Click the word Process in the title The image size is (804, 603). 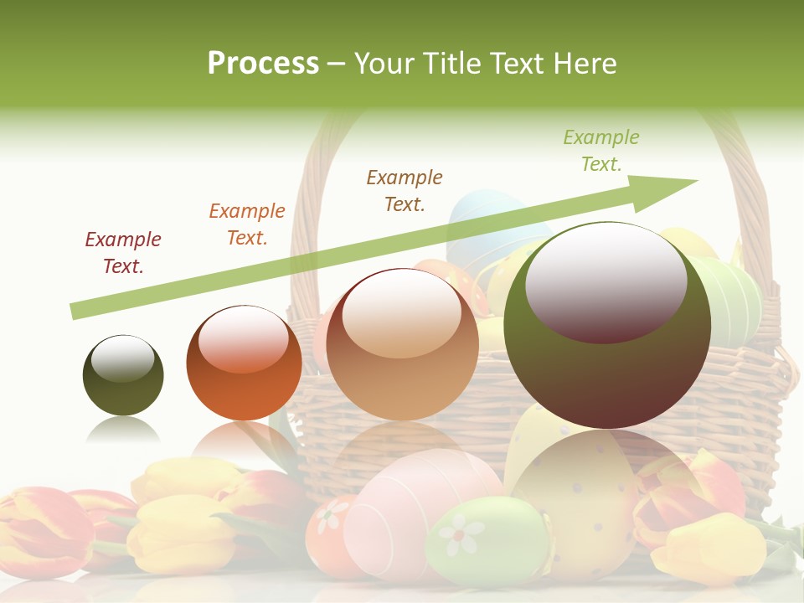tap(263, 64)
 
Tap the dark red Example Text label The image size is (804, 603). tap(123, 253)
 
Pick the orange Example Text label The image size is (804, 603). tap(247, 224)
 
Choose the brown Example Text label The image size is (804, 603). tap(405, 191)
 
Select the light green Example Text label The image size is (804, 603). tap(601, 151)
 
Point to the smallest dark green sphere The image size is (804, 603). tap(123, 375)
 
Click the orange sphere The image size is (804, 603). tap(244, 363)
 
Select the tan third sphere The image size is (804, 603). tap(402, 344)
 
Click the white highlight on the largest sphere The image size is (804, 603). tap(606, 281)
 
